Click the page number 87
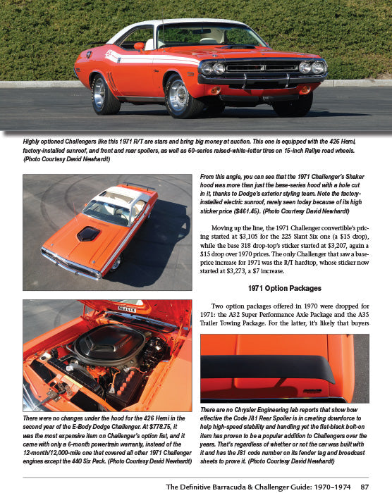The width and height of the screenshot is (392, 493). [365, 486]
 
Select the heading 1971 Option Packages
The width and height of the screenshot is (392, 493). [284, 289]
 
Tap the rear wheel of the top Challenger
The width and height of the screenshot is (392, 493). [105, 94]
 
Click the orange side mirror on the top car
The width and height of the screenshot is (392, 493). [140, 46]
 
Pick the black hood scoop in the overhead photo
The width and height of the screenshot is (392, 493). [89, 233]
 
